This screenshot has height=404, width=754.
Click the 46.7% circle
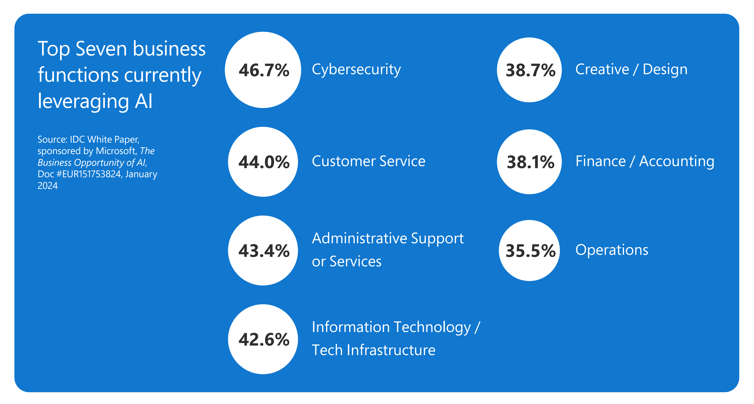click(263, 70)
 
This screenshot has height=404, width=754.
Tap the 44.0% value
click(264, 162)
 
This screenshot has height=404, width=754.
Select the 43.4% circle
click(263, 251)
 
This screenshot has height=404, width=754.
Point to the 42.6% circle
click(263, 339)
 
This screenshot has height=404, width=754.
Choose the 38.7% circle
click(529, 70)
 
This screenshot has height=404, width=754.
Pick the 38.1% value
click(530, 162)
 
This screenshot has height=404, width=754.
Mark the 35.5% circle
click(529, 251)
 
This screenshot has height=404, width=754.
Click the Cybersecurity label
click(356, 70)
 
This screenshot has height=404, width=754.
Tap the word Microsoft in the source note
click(116, 151)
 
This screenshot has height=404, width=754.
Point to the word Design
click(665, 69)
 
